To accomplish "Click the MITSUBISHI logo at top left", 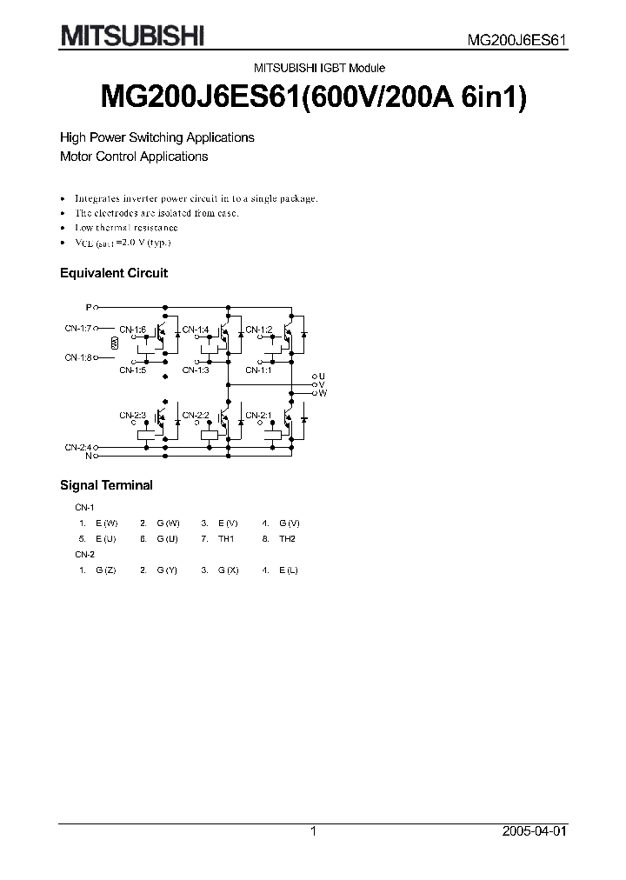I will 132,36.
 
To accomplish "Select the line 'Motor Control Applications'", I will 133,157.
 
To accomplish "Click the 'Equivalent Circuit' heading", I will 113,273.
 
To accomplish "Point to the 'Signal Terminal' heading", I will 105,485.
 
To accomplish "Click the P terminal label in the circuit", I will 88,307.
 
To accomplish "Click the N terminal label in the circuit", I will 88,455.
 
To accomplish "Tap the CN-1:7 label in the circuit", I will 78,329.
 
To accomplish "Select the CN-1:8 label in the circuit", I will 78,357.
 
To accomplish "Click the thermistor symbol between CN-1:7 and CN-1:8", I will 115,343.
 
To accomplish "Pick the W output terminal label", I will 323,393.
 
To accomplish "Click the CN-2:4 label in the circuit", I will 78,446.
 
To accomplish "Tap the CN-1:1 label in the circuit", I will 258,370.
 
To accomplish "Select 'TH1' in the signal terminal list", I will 227,539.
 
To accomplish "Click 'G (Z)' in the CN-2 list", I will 106,569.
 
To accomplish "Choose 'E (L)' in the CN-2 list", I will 288,569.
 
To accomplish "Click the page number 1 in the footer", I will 313,831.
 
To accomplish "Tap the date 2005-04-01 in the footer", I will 533,831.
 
